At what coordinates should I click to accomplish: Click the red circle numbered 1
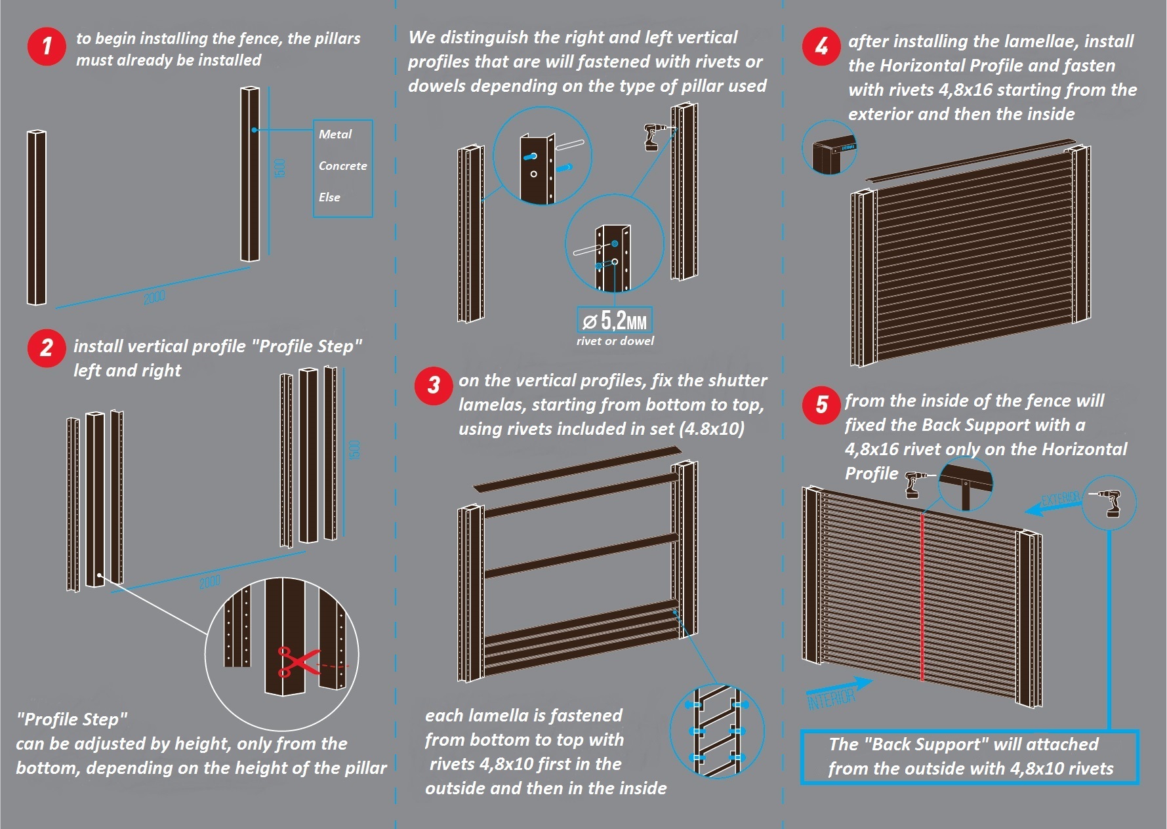[47, 47]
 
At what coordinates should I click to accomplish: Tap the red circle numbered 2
[47, 348]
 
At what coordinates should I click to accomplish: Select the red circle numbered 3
[434, 385]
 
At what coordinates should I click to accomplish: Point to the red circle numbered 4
[821, 47]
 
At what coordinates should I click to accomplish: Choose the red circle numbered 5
[821, 405]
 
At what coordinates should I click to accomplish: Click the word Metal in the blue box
[335, 134]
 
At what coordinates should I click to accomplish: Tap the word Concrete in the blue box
[342, 166]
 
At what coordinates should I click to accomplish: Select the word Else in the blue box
[329, 197]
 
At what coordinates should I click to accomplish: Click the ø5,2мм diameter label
[615, 321]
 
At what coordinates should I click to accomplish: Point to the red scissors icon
[295, 661]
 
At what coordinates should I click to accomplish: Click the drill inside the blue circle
[1111, 503]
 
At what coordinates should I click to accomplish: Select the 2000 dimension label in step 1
[154, 297]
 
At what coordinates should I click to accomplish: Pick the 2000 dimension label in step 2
[209, 582]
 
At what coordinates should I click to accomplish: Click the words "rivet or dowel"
[615, 341]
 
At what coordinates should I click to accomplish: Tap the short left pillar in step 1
[36, 218]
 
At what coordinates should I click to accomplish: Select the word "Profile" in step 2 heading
[285, 346]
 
